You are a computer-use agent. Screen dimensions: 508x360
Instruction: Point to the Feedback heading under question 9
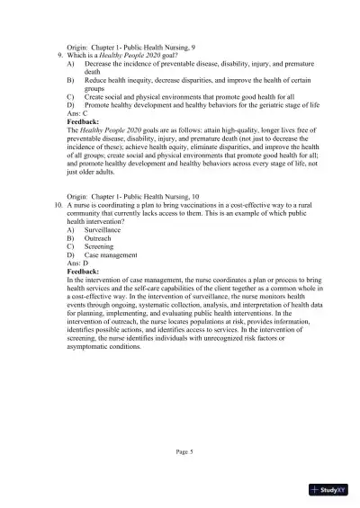pos(87,121)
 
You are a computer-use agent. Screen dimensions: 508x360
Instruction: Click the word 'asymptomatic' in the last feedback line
pos(91,345)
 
